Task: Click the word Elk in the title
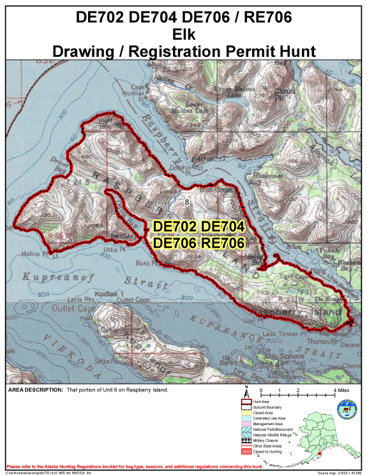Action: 183,33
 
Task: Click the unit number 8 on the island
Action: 187,202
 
